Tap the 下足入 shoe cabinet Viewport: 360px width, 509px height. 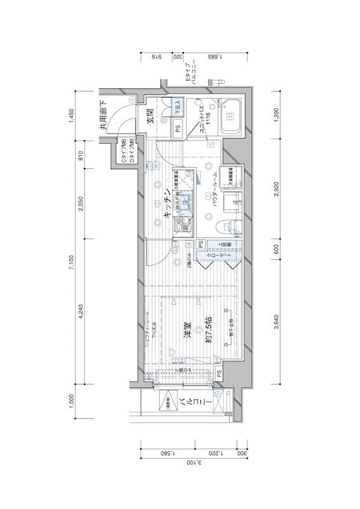[x=178, y=107]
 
